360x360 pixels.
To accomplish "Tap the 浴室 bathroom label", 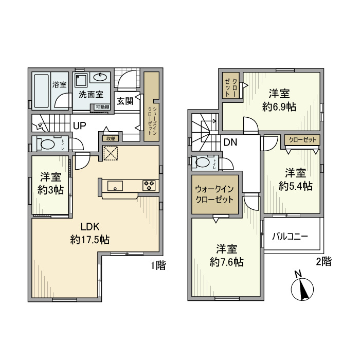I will [x=59, y=84].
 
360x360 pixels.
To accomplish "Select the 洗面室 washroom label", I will [x=91, y=95].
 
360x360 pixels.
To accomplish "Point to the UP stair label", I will [x=79, y=125].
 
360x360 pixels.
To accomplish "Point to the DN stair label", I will [x=230, y=142].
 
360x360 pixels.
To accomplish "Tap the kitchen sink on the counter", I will [x=115, y=186].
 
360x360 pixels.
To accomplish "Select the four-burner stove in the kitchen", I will [x=150, y=186].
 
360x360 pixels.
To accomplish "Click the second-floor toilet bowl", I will [x=203, y=163].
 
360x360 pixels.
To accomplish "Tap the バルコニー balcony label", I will [x=290, y=237].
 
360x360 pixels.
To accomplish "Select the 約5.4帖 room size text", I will [x=295, y=186].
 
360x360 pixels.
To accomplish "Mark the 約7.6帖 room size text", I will [x=227, y=262].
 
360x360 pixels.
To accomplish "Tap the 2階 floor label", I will [x=323, y=261].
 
